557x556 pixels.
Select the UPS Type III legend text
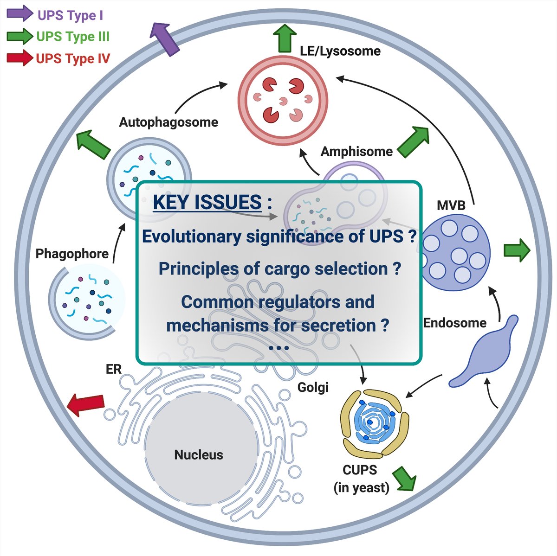coord(72,37)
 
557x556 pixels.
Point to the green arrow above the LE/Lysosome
coord(284,38)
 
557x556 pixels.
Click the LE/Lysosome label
coord(340,51)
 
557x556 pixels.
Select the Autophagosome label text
coord(168,122)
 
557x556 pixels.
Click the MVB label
coord(451,205)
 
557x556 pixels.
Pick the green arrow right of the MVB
coord(517,250)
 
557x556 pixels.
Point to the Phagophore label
coord(72,254)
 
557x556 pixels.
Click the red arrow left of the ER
coord(86,405)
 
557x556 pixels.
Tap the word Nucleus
coord(199,455)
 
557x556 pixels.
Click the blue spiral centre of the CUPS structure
coord(370,422)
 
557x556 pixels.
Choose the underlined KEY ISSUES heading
coord(207,203)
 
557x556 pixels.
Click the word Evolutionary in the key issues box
coord(192,236)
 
